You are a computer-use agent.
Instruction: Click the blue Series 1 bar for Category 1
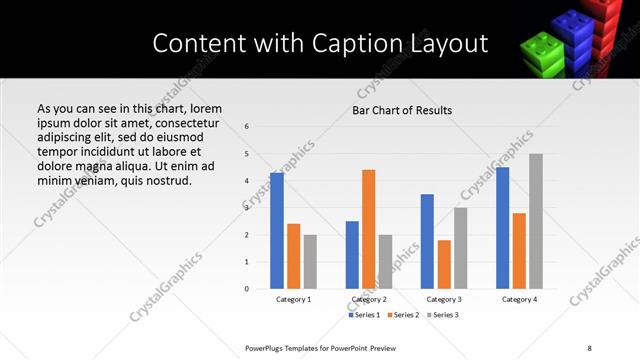[x=277, y=231]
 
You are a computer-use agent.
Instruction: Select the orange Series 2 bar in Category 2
[x=368, y=229]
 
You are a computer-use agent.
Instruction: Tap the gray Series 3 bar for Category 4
[x=536, y=221]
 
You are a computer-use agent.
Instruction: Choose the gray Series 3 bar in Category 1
[x=310, y=261]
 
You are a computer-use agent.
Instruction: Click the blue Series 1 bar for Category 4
[x=503, y=228]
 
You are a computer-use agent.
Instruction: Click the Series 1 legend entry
[x=365, y=315]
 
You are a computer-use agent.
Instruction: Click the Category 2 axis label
[x=368, y=299]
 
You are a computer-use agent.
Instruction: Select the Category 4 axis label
[x=519, y=299]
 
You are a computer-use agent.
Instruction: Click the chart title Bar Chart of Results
[x=402, y=110]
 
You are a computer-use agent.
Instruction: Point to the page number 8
[x=589, y=347]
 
